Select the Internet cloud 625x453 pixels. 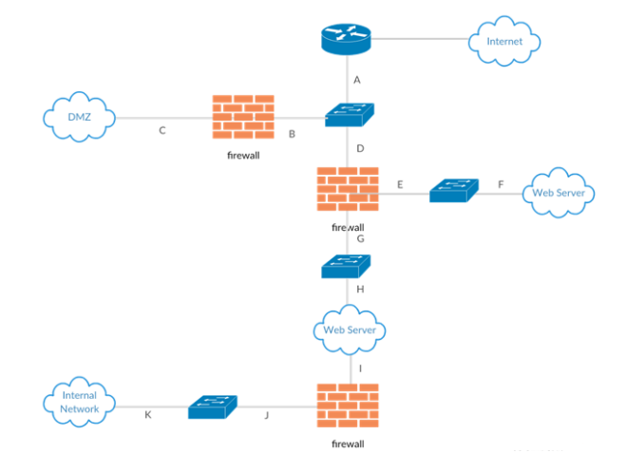tap(503, 42)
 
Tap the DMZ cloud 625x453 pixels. tap(79, 117)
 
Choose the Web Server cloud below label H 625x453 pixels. tap(349, 330)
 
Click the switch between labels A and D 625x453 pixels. tap(350, 114)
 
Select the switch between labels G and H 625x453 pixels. tap(345, 268)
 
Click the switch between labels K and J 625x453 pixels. tap(213, 407)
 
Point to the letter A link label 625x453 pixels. tap(357, 80)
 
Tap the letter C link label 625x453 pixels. tap(162, 131)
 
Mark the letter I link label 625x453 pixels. tap(360, 367)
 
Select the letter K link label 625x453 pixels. tap(147, 416)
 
